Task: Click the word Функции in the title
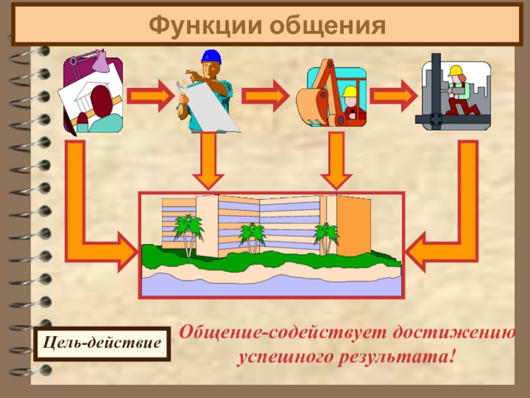(205, 26)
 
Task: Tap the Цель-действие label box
(102, 344)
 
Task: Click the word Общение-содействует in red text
(283, 333)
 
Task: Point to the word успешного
(285, 358)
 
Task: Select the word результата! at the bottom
(396, 358)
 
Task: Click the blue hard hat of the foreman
(211, 56)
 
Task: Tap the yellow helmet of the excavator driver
(349, 92)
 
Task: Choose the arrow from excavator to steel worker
(393, 96)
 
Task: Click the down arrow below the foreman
(208, 161)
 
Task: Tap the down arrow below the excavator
(337, 161)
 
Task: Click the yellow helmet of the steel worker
(455, 71)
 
